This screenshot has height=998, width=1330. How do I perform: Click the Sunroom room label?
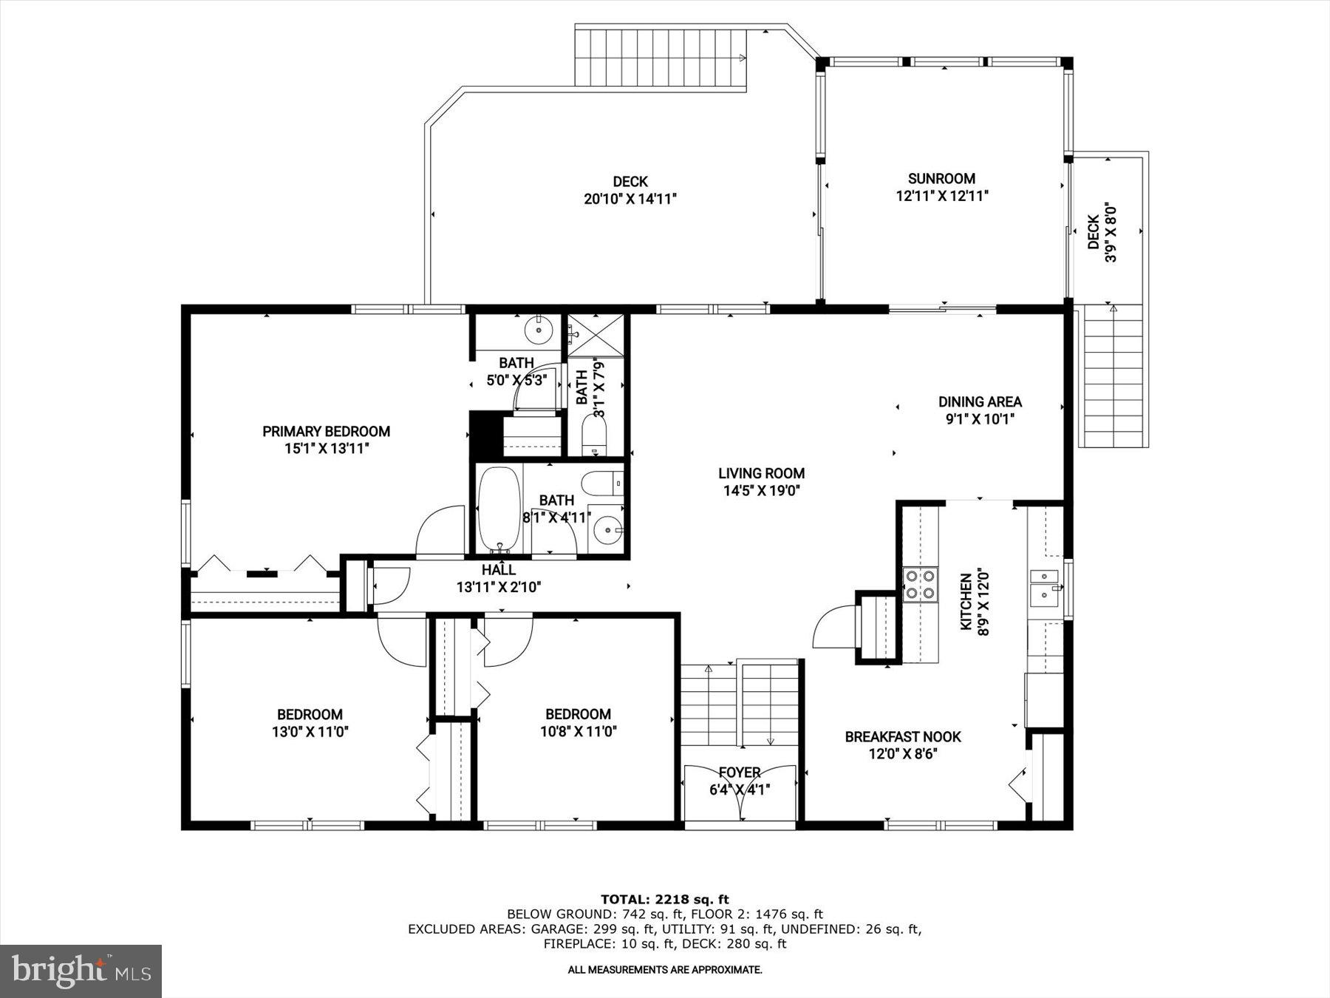coord(941,178)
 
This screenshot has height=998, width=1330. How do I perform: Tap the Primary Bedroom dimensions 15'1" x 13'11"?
coord(326,449)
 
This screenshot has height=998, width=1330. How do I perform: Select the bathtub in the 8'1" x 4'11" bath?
coord(499,509)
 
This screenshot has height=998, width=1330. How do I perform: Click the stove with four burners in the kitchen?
coord(920,584)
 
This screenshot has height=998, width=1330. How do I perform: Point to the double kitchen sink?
coord(1045,585)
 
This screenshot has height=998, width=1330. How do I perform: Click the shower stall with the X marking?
coord(596,334)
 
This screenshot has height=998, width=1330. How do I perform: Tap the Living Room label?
coord(761,473)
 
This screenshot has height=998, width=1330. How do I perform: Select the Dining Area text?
coord(980,402)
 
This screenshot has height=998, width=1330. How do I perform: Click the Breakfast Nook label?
coord(903,737)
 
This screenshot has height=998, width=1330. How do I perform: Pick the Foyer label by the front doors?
coord(740,773)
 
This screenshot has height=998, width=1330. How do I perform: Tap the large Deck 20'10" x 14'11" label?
coord(630,190)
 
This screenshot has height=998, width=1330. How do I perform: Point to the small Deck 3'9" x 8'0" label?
coord(1100,232)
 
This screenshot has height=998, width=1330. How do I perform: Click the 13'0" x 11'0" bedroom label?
coord(310,723)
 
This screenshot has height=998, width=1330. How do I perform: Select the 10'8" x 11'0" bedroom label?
coord(578,723)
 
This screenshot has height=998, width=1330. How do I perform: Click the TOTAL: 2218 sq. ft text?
coord(664,899)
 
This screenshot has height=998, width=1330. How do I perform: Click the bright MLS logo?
coord(81,971)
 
